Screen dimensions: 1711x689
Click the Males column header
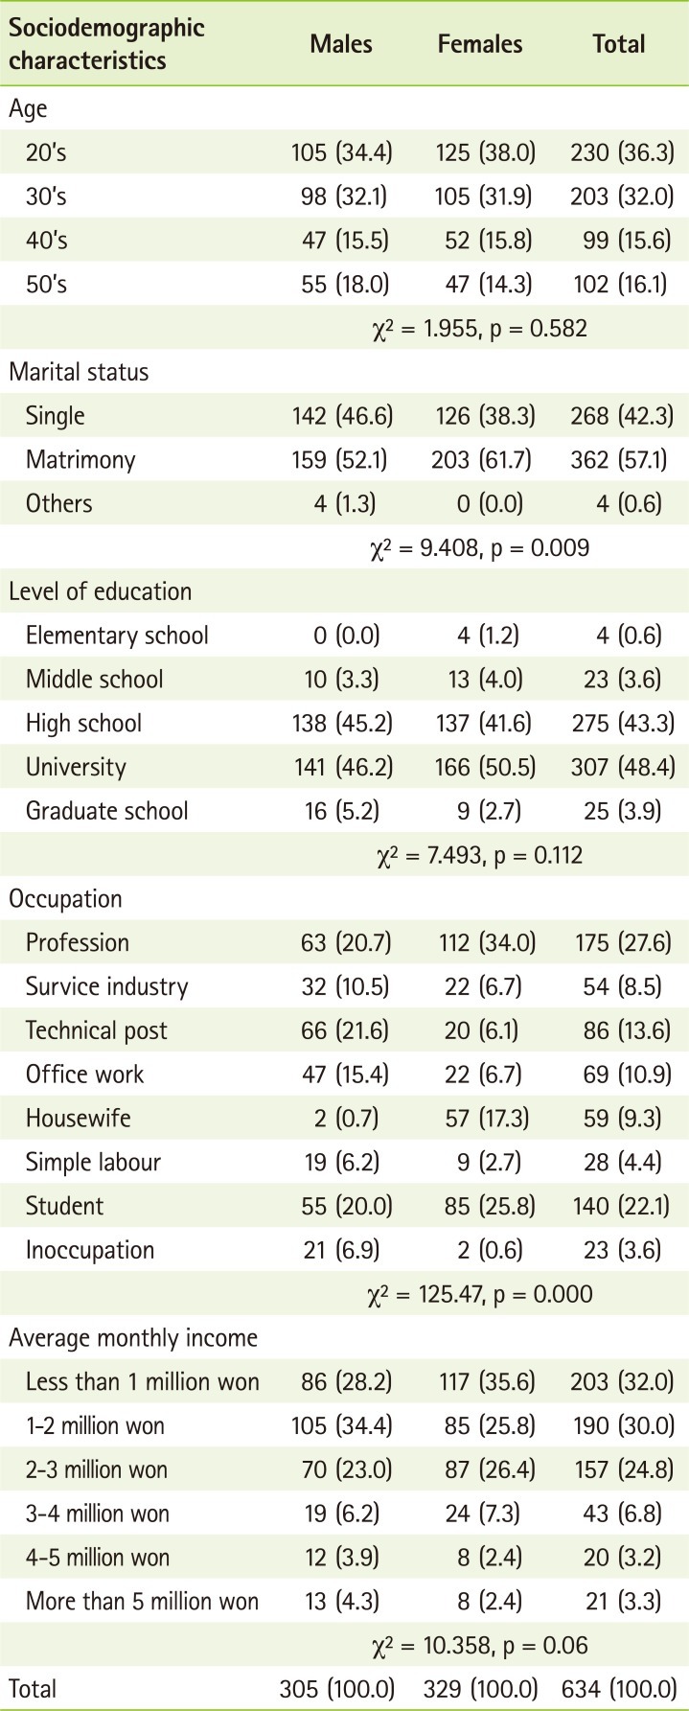tap(341, 44)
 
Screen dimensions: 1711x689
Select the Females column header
tap(480, 44)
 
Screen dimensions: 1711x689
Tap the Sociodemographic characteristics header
tap(106, 44)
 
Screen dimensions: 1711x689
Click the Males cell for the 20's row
tap(342, 151)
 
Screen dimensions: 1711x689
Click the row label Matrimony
tap(80, 460)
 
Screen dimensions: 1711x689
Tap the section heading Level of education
tap(101, 592)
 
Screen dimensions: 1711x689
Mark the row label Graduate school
tap(106, 811)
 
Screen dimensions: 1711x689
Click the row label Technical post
tap(96, 1030)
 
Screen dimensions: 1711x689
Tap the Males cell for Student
tap(342, 1206)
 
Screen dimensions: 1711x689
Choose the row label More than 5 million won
tap(142, 1602)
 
